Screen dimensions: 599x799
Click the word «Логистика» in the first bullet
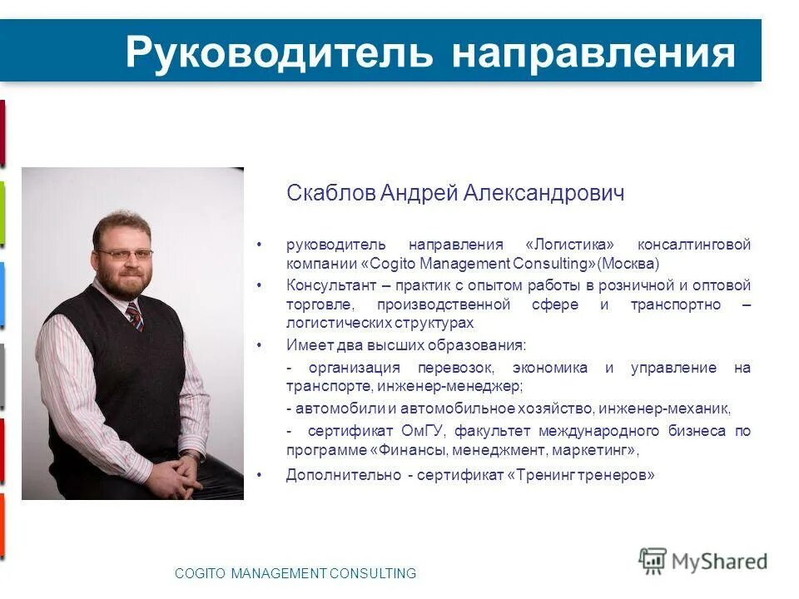570,245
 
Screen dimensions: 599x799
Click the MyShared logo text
719,562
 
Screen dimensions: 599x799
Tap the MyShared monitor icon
653,561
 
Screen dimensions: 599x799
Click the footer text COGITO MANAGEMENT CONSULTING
295,573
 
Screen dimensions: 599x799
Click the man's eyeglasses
125,254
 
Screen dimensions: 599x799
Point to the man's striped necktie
134,316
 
